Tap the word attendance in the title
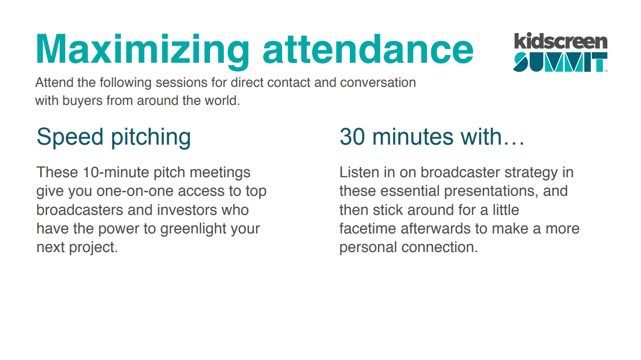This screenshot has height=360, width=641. tap(368, 49)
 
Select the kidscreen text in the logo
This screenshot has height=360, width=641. tap(561, 41)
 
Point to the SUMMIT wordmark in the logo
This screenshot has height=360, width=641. tap(560, 62)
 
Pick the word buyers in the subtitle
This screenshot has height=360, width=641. tap(82, 101)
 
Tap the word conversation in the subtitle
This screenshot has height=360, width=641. tap(378, 82)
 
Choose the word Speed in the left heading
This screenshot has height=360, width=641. tap(70, 138)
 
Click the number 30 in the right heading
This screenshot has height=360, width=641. tap(352, 137)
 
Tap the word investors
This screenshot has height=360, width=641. tap(187, 210)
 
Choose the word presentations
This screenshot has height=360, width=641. tap(489, 191)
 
